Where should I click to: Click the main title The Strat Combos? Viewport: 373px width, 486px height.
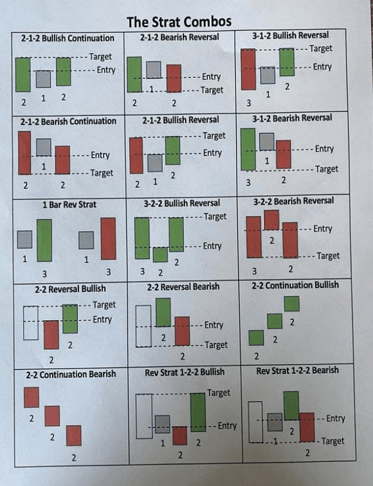[x=179, y=22]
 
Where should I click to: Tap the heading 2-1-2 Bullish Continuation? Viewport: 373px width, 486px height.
[x=68, y=39]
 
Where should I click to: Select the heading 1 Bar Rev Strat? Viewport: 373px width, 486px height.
[x=69, y=205]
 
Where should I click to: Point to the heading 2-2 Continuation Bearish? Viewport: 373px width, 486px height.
[x=70, y=374]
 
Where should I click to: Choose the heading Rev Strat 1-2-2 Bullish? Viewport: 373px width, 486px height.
[x=184, y=372]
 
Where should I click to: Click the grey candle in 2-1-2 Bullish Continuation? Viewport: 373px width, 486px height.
[x=43, y=79]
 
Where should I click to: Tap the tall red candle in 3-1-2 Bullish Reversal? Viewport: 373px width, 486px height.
[x=248, y=69]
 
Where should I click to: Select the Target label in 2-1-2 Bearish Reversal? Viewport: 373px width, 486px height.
[x=212, y=90]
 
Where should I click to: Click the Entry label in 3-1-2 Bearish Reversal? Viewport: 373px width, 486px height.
[x=324, y=149]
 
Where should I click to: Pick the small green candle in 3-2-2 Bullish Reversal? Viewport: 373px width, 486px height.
[x=160, y=254]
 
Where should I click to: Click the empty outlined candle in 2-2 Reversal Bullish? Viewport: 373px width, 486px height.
[x=31, y=323]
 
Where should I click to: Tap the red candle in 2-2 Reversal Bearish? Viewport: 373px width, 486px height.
[x=182, y=331]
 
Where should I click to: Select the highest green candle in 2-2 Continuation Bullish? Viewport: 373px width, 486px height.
[x=292, y=304]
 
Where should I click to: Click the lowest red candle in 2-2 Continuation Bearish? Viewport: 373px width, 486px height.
[x=74, y=436]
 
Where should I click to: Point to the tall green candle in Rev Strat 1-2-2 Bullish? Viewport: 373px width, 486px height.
[x=198, y=412]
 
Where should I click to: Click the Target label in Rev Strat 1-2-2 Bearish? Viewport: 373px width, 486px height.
[x=332, y=441]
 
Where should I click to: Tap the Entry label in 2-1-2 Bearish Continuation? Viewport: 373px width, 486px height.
[x=100, y=155]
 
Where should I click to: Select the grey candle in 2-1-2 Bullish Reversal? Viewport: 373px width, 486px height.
[x=155, y=162]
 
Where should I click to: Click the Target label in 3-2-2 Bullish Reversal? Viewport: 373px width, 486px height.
[x=215, y=217]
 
